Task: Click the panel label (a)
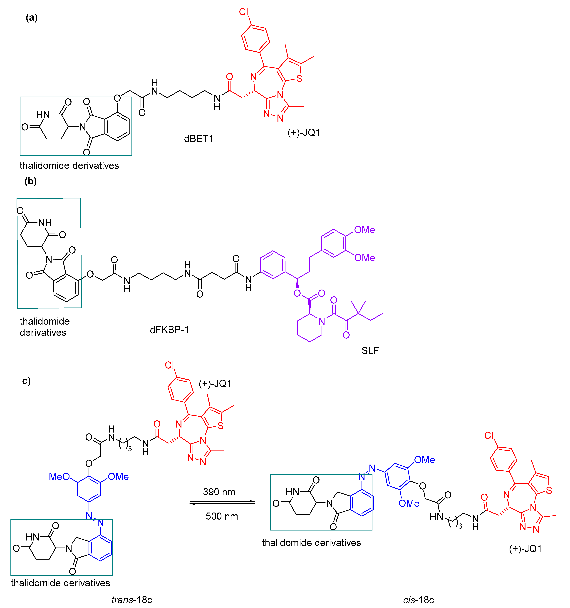32,18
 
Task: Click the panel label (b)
31,181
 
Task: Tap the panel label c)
27,381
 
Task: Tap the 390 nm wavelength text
219,492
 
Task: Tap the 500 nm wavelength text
222,516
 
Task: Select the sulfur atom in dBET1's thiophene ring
299,79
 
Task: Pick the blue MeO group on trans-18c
59,476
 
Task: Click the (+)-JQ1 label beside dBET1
304,132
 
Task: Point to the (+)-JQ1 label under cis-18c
525,549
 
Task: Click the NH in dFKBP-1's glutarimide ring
45,223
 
